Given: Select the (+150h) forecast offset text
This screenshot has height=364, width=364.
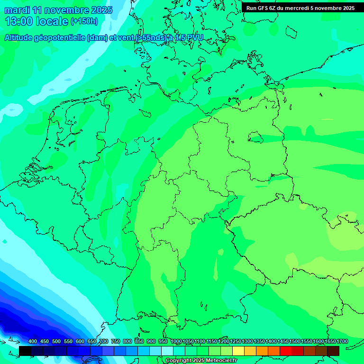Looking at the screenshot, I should (x=84, y=21).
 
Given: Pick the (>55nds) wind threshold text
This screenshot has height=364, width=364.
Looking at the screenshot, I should (x=151, y=38).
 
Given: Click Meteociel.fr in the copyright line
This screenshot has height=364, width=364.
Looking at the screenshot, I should (x=219, y=361).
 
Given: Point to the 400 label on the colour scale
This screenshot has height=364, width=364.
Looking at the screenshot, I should (x=33, y=342).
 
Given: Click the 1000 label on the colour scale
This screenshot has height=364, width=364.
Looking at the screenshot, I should (x=176, y=342).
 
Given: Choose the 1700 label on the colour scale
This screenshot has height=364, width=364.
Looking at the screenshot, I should (x=342, y=342).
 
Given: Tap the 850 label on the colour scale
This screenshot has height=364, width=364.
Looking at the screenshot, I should (x=139, y=342).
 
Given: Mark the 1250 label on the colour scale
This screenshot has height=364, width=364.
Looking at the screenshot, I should (x=236, y=342).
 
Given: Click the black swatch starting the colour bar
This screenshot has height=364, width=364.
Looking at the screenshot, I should (x=25, y=351).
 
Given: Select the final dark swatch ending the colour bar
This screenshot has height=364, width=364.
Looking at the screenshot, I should (x=333, y=351).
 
